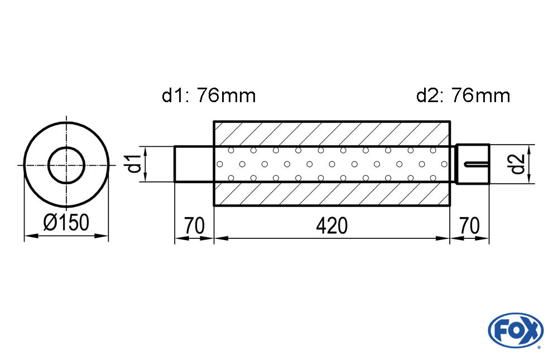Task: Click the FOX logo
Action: coord(516,330)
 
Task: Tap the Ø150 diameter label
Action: coord(66,223)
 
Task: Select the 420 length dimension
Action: coord(331,225)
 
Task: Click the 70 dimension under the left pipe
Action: coord(194,225)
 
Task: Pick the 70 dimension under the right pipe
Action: coord(469,225)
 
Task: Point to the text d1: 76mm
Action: coord(209,95)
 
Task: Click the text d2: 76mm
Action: coord(463,95)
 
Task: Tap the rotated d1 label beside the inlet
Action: coord(135,164)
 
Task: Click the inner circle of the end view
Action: coord(66,165)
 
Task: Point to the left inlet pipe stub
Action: coord(194,164)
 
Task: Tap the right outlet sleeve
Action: coord(473,164)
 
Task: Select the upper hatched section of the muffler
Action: coord(331,133)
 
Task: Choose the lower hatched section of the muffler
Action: coord(331,194)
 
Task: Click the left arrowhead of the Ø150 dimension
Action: coord(31,236)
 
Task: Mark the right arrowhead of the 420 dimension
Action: coord(443,238)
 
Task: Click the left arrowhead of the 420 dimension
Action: coord(221,238)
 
